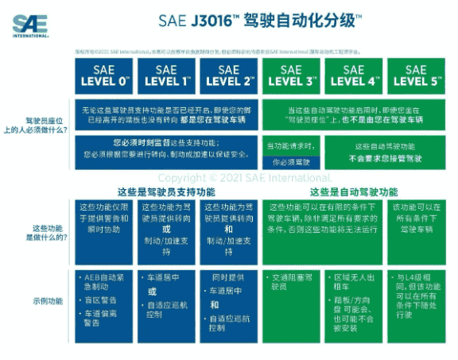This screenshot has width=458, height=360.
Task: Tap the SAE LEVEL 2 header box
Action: coord(228,75)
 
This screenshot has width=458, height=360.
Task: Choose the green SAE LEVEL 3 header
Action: coord(291,75)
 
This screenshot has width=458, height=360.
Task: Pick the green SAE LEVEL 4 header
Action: coord(353,75)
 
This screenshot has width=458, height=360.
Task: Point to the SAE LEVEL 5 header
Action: coord(416,75)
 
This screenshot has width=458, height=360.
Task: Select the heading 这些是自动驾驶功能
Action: coord(353,192)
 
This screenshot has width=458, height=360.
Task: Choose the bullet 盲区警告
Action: coord(103,300)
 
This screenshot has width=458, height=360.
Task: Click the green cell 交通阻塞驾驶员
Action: coord(291,283)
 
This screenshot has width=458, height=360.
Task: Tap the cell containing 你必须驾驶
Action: coord(291,162)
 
